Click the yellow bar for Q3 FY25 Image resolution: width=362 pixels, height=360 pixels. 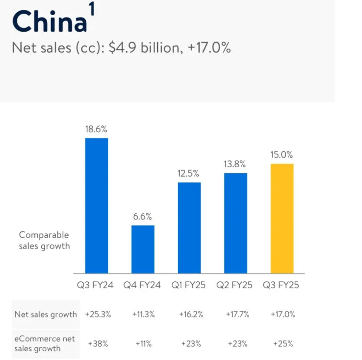282,218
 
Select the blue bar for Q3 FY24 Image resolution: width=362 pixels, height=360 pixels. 96,205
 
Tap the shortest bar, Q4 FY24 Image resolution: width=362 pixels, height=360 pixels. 143,249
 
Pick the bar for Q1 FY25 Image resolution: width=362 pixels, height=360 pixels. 189,228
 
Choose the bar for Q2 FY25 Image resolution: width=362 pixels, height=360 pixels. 236,223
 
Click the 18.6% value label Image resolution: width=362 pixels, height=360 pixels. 96,129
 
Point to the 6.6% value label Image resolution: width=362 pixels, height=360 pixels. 143,217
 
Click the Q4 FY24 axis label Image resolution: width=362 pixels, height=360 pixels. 142,285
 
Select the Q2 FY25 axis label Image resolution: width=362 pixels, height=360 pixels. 235,285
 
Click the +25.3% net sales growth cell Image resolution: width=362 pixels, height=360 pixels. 98,314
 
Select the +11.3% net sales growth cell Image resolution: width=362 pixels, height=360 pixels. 143,314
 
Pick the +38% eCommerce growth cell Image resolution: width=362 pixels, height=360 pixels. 98,343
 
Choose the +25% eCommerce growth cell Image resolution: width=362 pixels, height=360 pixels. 283,343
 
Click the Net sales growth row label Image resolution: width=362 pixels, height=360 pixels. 46,314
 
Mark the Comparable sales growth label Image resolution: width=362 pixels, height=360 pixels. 44,240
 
